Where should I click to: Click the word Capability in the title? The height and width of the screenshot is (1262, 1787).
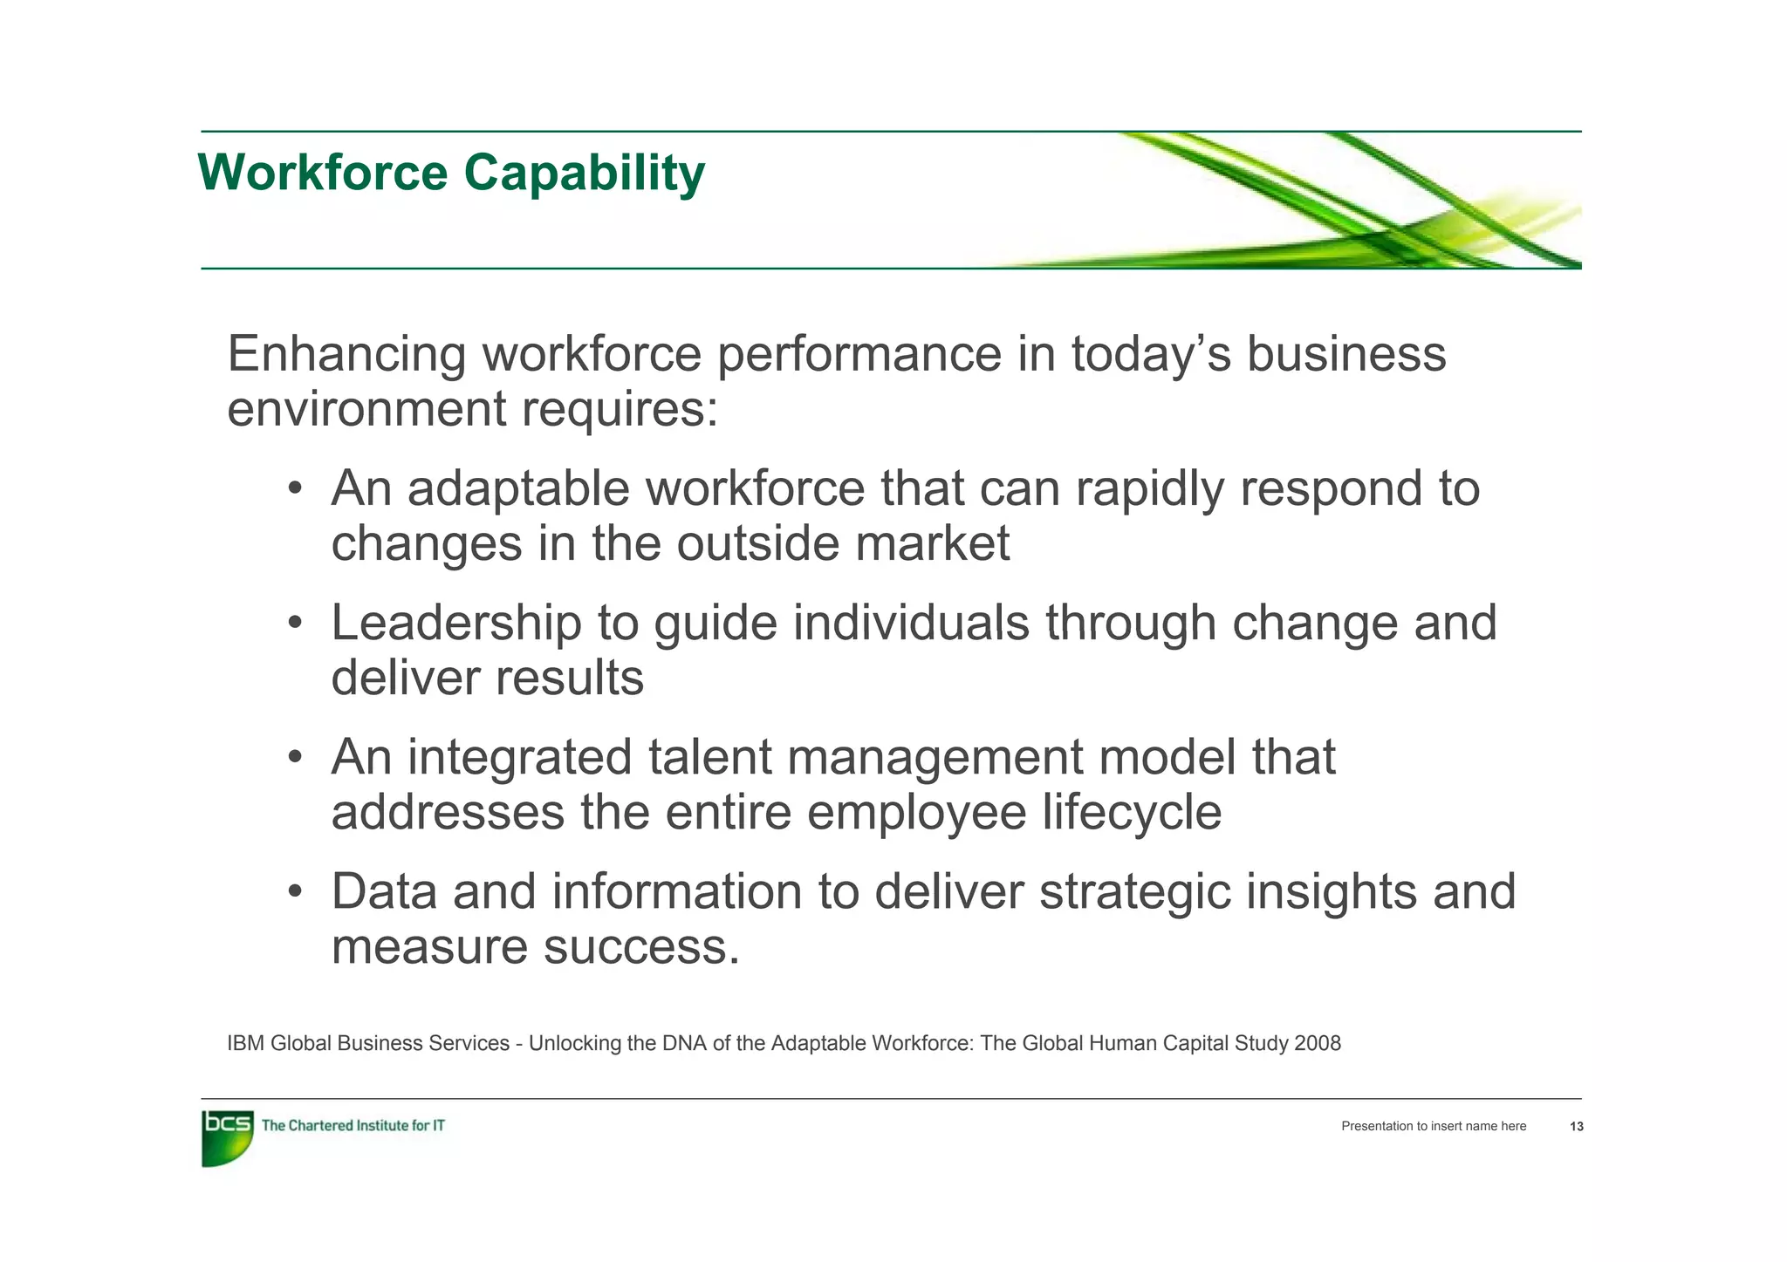pos(584,173)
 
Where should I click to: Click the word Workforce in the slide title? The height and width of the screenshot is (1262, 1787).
pos(323,173)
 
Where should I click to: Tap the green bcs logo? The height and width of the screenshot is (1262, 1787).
pos(227,1136)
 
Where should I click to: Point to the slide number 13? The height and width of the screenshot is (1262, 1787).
pos(1576,1127)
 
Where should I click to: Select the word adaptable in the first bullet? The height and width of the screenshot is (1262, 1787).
pos(518,488)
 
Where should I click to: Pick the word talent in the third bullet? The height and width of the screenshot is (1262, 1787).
pos(709,757)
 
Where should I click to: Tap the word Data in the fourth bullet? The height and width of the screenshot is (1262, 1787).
pos(384,891)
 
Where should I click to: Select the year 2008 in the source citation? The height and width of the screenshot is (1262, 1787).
pos(1318,1044)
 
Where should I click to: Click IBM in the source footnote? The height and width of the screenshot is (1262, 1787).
pos(245,1044)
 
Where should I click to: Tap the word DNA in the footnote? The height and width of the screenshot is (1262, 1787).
pos(685,1044)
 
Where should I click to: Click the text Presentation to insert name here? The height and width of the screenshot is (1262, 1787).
pos(1434,1127)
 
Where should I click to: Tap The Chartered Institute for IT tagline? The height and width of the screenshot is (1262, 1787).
pos(353,1126)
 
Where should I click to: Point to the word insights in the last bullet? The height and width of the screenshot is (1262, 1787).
pos(1331,891)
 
